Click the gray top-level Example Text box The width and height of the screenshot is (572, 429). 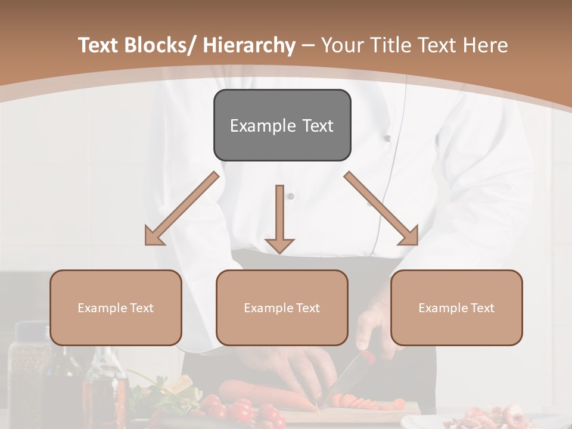(282, 125)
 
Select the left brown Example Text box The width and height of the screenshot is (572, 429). (116, 307)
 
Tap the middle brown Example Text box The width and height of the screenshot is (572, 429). (282, 307)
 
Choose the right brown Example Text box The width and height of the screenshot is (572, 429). (456, 307)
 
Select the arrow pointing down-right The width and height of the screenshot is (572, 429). (381, 209)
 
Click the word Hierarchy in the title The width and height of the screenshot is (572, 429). (249, 46)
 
